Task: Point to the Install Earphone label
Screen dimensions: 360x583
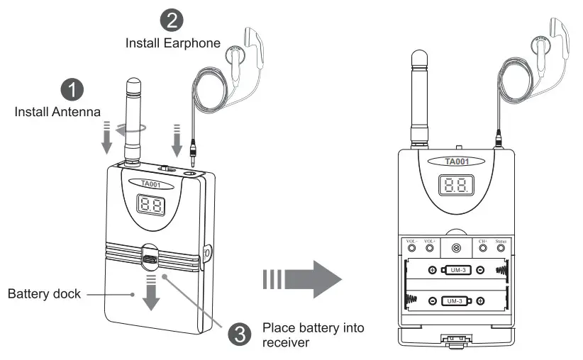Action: click(x=173, y=43)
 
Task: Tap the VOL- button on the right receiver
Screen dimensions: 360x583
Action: click(x=411, y=249)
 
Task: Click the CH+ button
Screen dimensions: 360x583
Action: click(x=484, y=249)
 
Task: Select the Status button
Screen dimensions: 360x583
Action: click(x=501, y=249)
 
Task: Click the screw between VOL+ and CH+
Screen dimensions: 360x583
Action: click(x=456, y=248)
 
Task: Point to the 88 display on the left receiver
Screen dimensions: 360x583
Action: click(x=150, y=207)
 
